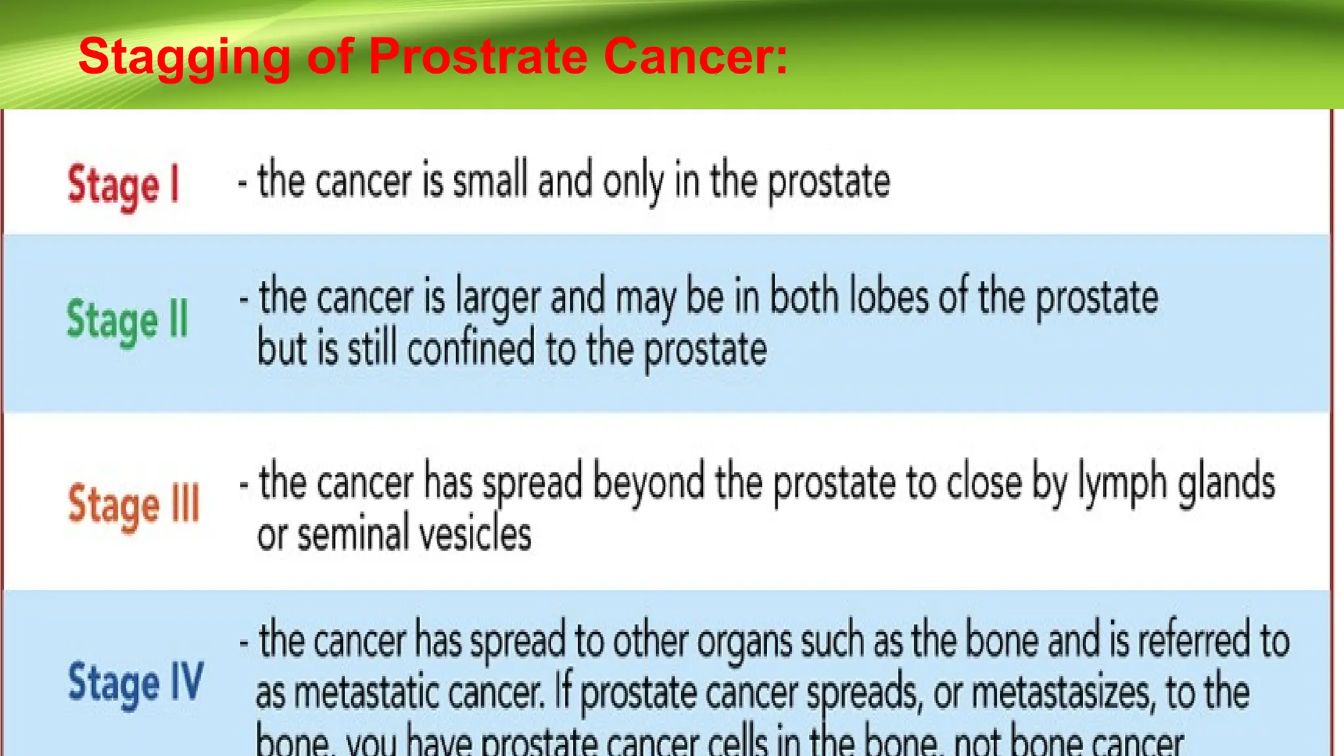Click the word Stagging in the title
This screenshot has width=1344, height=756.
(184, 57)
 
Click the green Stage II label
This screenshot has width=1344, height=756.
(127, 320)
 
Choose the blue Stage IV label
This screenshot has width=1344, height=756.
(136, 682)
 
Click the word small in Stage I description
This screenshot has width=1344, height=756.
(490, 180)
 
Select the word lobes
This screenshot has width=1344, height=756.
(889, 297)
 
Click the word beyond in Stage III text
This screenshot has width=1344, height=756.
(648, 483)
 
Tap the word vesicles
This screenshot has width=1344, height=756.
(475, 534)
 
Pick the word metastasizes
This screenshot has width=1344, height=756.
(1061, 693)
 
